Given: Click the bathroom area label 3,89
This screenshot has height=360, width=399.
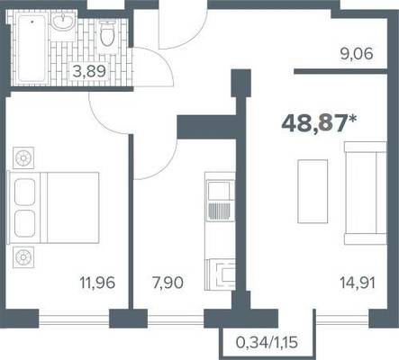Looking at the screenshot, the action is tap(89, 72).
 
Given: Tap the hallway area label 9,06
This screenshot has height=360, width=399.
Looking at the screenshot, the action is tap(357, 54).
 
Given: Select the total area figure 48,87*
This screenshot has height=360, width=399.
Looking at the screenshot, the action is tap(319, 123).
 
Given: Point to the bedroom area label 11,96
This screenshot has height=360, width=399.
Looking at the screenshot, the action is tap(97, 283).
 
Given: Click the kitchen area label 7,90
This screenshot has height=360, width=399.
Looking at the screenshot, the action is tap(168, 283).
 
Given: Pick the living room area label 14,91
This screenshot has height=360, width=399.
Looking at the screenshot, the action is tap(358, 283).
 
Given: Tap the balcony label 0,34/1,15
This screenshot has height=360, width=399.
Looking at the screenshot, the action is tap(267, 342).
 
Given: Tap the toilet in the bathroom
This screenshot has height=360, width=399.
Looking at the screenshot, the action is tap(107, 36).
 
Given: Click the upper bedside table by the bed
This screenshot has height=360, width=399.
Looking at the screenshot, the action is tap(23, 157).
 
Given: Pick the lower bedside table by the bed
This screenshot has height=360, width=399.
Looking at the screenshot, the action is tap(23, 257).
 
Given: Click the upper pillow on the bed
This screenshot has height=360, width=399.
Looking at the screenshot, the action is tap(24, 192).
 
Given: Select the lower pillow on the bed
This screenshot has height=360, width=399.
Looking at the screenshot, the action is tap(24, 224).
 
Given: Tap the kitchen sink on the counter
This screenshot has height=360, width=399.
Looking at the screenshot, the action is tap(220, 191).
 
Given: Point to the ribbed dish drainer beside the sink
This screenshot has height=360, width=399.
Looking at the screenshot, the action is tap(220, 211).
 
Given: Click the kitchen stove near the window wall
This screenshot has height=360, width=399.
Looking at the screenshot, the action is tap(222, 274).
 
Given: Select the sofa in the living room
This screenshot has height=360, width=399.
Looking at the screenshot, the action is tap(366, 193).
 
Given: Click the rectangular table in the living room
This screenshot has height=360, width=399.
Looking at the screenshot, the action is tap(313, 192).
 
